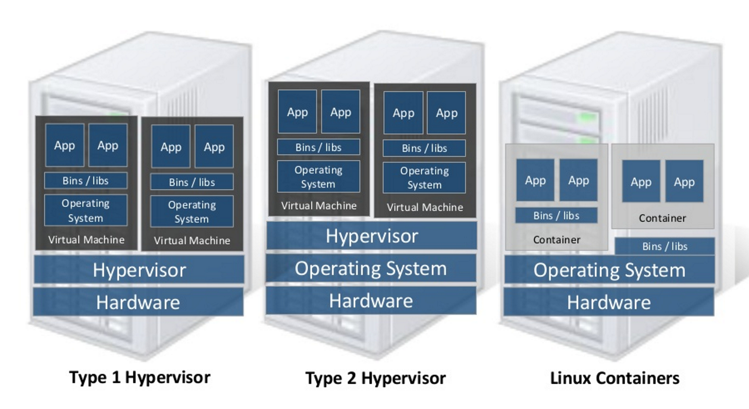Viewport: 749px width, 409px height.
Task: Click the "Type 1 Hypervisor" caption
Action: [140, 377]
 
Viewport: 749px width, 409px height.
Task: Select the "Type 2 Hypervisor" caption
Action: [375, 378]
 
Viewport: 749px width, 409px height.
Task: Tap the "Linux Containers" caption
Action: [615, 378]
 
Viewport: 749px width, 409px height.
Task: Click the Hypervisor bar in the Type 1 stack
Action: [139, 270]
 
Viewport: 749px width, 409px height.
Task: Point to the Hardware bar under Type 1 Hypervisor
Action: [138, 302]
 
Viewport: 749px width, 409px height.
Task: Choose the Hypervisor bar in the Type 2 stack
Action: [372, 236]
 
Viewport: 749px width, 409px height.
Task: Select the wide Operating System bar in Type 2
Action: [371, 268]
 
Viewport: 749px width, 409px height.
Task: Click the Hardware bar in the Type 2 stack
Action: [371, 300]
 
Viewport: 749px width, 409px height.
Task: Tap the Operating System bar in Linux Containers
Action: [609, 270]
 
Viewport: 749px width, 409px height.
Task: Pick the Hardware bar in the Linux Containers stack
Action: [609, 302]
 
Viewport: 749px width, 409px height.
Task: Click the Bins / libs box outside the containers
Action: [665, 246]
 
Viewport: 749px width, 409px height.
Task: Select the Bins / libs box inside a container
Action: [556, 215]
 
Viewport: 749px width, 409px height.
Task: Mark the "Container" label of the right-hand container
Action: [662, 218]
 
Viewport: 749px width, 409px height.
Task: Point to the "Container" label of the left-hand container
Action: [557, 240]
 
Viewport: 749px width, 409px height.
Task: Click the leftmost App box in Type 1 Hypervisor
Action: [65, 145]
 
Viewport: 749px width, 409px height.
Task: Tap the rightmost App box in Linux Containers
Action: [684, 182]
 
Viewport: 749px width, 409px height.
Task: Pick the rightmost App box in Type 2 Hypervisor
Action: [447, 113]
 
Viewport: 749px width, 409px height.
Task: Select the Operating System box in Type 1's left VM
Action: [86, 210]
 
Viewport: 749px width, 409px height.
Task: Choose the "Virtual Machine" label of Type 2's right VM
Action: [425, 207]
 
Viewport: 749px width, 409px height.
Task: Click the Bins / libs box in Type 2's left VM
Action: [318, 147]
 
